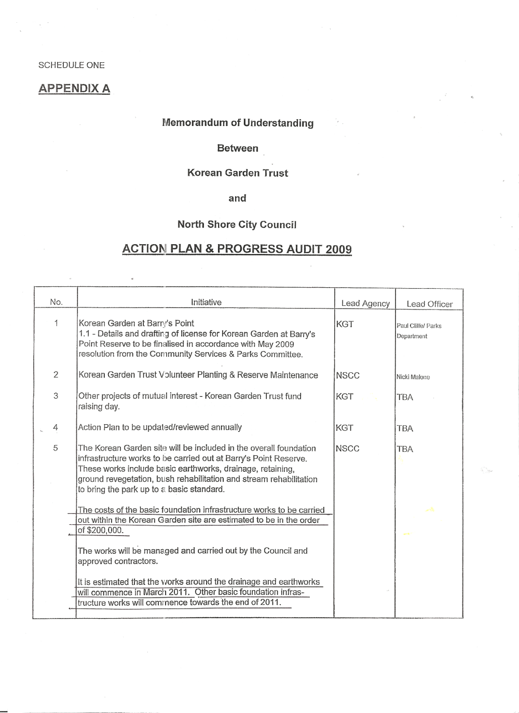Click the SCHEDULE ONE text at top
[x=72, y=65]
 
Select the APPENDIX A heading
[x=74, y=89]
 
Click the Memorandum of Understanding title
[x=238, y=123]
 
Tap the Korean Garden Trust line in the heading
[x=238, y=173]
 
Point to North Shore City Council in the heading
[x=237, y=225]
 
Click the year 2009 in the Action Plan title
[x=338, y=249]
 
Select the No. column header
[x=56, y=302]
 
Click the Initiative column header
[x=206, y=302]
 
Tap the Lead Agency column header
[x=365, y=304]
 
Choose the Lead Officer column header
[x=430, y=304]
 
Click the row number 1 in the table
[x=56, y=324]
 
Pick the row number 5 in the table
[x=56, y=448]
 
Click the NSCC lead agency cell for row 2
[x=348, y=375]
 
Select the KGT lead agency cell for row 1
[x=345, y=324]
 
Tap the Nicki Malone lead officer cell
[x=413, y=377]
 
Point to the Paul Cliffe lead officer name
[x=409, y=326]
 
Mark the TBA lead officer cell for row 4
[x=405, y=428]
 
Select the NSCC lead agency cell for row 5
[x=348, y=449]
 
